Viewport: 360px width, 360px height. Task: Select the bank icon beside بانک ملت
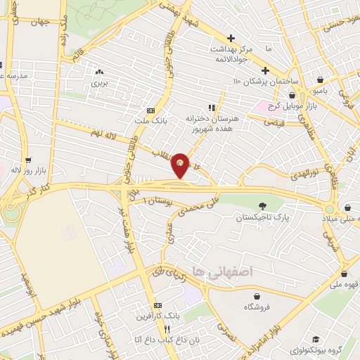click(x=150, y=110)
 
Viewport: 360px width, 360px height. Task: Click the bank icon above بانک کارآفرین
click(x=159, y=306)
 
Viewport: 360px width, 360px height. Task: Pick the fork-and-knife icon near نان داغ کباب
click(x=167, y=329)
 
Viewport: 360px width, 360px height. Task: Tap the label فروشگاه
click(x=258, y=308)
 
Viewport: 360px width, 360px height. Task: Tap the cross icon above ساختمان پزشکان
click(x=265, y=70)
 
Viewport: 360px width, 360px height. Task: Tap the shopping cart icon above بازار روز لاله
click(x=27, y=160)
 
